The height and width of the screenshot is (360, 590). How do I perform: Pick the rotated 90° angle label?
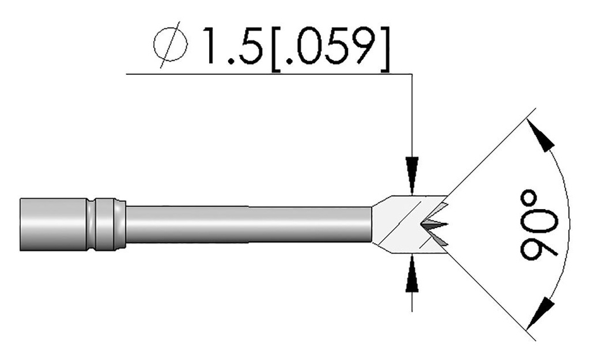(539, 224)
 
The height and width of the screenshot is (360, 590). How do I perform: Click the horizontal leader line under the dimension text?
(259, 74)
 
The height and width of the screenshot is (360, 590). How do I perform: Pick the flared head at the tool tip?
(403, 225)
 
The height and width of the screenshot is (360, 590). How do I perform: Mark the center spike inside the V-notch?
(435, 224)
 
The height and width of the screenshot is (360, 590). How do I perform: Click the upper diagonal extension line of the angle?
(490, 153)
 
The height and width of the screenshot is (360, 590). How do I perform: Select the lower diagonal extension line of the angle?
(490, 297)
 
